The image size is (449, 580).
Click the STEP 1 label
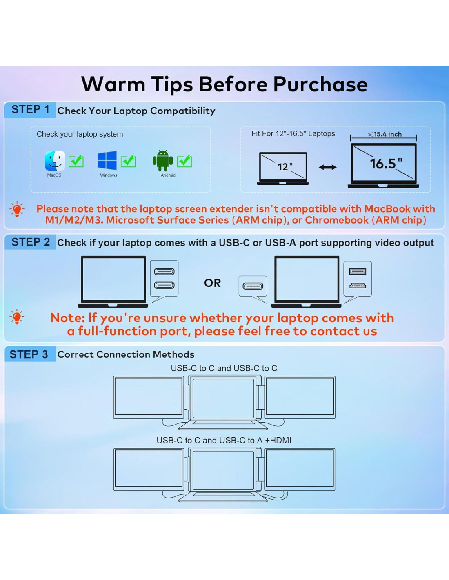tap(31, 109)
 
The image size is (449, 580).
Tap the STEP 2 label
tap(31, 242)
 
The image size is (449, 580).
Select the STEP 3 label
tap(29, 354)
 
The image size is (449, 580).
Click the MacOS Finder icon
tap(55, 161)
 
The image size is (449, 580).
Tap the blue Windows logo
tap(107, 160)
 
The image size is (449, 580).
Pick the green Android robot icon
tap(163, 160)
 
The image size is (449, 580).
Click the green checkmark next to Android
tap(184, 161)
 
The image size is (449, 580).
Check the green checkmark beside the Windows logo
tap(128, 161)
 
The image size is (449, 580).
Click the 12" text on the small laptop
tap(285, 166)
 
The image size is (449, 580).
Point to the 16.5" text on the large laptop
tap(386, 163)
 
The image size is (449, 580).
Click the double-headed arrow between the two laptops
tap(328, 167)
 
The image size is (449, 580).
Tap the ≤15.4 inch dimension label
tap(385, 134)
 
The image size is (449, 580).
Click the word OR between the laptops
tap(212, 283)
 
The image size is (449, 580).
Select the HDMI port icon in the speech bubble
tap(358, 286)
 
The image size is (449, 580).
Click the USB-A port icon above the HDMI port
tap(358, 272)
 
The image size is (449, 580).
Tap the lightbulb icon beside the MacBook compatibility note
tap(17, 209)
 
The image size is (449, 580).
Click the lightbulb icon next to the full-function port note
tap(17, 317)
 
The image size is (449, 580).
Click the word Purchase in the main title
tap(320, 84)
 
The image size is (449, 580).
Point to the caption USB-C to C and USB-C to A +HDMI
tap(224, 440)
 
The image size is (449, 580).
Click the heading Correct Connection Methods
tap(126, 354)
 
